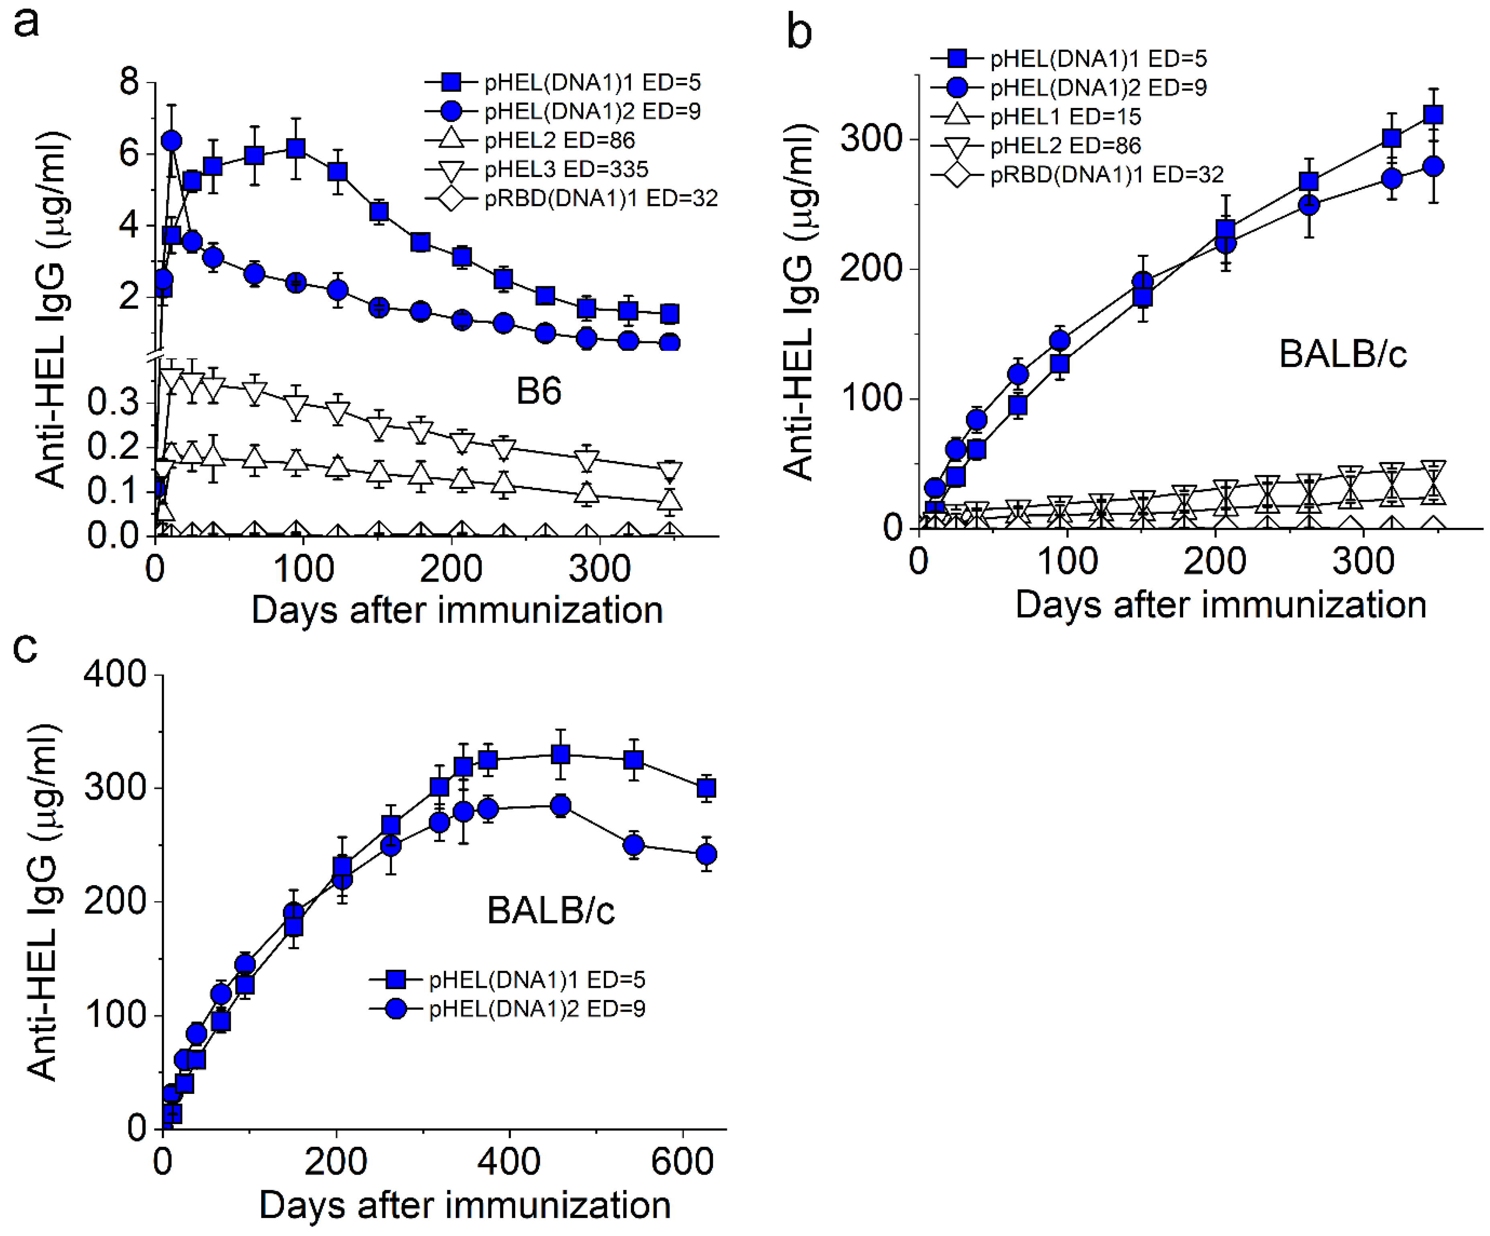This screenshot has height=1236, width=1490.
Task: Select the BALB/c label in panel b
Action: tap(1343, 354)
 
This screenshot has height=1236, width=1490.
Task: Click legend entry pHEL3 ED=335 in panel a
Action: tap(565, 169)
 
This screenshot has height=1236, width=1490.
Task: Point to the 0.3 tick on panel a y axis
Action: tap(114, 402)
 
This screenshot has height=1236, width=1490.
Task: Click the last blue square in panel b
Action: tap(1433, 115)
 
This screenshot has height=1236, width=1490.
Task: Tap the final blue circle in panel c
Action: tap(706, 855)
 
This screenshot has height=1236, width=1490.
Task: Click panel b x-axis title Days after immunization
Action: tap(1221, 605)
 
